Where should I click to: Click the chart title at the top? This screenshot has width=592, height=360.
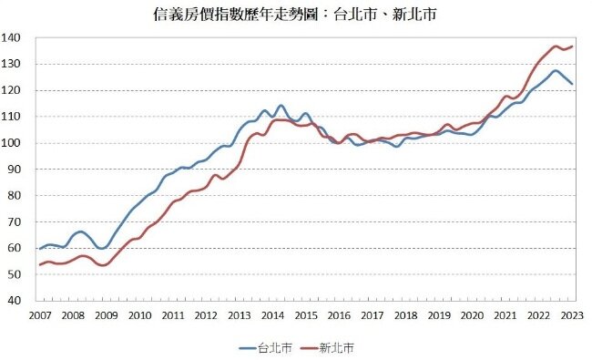[x=296, y=15]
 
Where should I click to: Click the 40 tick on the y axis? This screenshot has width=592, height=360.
[x=18, y=301]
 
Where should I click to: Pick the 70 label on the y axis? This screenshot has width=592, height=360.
[x=18, y=222]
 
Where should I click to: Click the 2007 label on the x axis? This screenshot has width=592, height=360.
[x=39, y=315]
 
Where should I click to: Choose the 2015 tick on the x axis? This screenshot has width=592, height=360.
[x=306, y=315]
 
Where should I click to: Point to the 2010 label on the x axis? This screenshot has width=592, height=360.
[x=139, y=315]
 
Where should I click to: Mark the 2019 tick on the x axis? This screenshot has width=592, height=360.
[x=440, y=315]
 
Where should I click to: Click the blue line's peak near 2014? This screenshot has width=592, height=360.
[x=281, y=106]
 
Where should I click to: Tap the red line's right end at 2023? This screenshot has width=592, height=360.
[x=572, y=46]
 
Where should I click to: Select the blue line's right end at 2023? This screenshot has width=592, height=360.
[x=572, y=84]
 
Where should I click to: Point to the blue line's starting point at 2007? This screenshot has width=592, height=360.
[x=39, y=248]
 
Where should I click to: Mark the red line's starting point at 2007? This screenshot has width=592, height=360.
[x=39, y=265]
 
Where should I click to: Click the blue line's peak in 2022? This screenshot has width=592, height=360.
[x=556, y=70]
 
